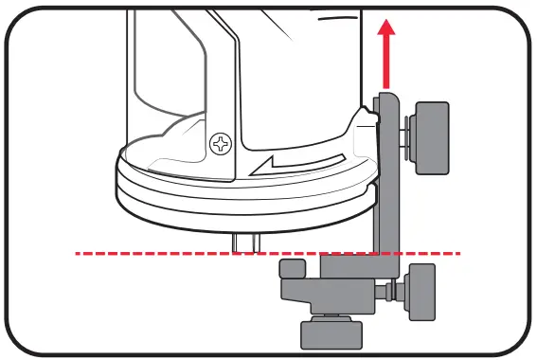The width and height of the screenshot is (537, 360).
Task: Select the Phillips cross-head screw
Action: (x=221, y=145)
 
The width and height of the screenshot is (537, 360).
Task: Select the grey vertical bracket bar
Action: (x=388, y=180)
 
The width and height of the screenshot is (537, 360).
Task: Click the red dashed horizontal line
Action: (x=189, y=253)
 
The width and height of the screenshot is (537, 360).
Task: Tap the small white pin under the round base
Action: (x=244, y=242)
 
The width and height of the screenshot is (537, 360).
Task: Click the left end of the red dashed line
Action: (x=79, y=253)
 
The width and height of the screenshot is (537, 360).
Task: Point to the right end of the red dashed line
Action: (x=459, y=253)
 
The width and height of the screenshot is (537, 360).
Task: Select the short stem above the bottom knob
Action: (x=329, y=315)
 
